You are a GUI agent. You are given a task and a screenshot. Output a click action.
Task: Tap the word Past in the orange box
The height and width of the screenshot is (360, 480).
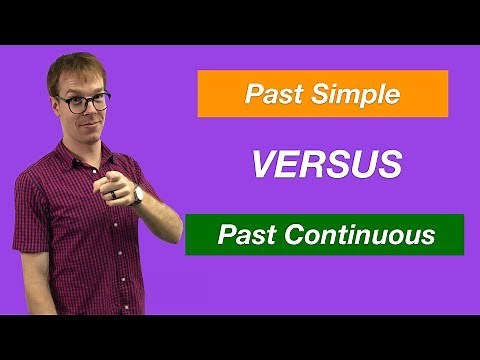(x=270, y=96)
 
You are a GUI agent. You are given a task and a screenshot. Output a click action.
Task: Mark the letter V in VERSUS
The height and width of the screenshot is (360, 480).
(x=262, y=165)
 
